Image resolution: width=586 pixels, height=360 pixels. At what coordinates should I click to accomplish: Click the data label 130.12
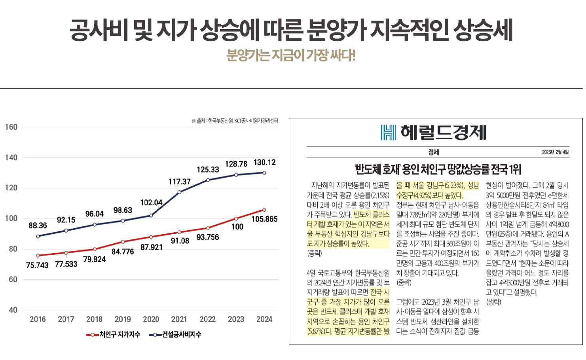click(x=264, y=162)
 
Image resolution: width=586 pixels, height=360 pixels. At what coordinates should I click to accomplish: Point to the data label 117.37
click(x=179, y=182)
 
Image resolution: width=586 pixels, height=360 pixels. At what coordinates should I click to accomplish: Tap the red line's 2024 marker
click(x=264, y=210)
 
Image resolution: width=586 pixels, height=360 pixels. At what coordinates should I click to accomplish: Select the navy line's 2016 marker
click(x=38, y=236)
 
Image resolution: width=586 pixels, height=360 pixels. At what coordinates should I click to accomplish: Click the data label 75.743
click(x=37, y=265)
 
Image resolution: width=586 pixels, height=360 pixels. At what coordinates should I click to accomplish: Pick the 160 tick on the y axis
click(x=11, y=127)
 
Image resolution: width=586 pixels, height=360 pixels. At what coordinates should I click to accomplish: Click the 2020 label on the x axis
click(x=151, y=319)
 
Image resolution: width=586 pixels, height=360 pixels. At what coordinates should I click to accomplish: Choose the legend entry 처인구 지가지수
click(x=114, y=335)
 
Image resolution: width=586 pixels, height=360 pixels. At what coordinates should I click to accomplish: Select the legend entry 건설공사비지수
click(x=175, y=335)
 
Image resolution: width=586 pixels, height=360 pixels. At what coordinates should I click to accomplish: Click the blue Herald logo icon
click(x=388, y=133)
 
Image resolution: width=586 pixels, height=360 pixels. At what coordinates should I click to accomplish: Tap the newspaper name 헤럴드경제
click(x=443, y=133)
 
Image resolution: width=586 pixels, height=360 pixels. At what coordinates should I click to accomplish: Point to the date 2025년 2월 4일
click(x=555, y=152)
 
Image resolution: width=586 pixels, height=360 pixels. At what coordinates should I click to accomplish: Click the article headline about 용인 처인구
click(x=438, y=170)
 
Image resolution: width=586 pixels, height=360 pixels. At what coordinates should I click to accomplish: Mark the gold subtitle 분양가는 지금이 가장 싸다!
click(x=291, y=55)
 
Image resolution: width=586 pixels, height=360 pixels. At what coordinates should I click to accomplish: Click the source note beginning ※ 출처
click(x=235, y=121)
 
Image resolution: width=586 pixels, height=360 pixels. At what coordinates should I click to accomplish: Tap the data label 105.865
click(x=264, y=219)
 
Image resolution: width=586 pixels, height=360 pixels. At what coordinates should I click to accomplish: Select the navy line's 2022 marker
click(x=208, y=180)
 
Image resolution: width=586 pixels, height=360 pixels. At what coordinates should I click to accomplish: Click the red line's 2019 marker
click(x=123, y=242)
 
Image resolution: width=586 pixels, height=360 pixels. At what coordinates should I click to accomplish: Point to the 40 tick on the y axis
click(x=13, y=310)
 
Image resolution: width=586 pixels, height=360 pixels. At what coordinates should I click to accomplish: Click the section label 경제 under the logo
click(x=433, y=152)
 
